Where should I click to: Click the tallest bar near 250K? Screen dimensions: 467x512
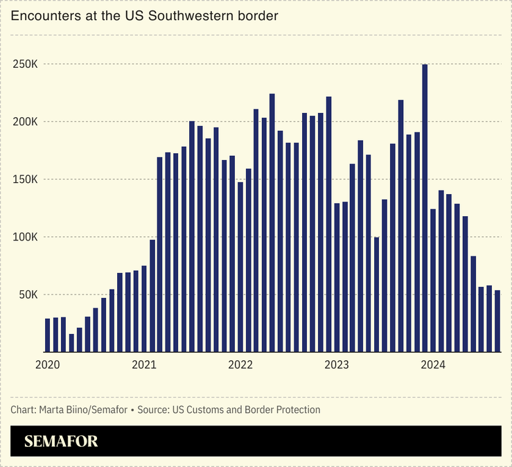pos(425,208)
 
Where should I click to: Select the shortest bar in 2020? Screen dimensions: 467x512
pos(71,342)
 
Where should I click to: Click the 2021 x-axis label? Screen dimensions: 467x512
pos(144,364)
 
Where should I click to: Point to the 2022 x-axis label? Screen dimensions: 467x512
pos(240,364)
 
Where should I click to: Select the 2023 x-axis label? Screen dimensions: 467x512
pos(337,364)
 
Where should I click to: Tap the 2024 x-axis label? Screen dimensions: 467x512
pos(433,364)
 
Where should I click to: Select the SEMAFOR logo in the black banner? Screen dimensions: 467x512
pos(61,441)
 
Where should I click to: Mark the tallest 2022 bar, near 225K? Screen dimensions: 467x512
pos(272,222)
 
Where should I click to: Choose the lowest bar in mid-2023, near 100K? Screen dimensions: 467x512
pos(376,294)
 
